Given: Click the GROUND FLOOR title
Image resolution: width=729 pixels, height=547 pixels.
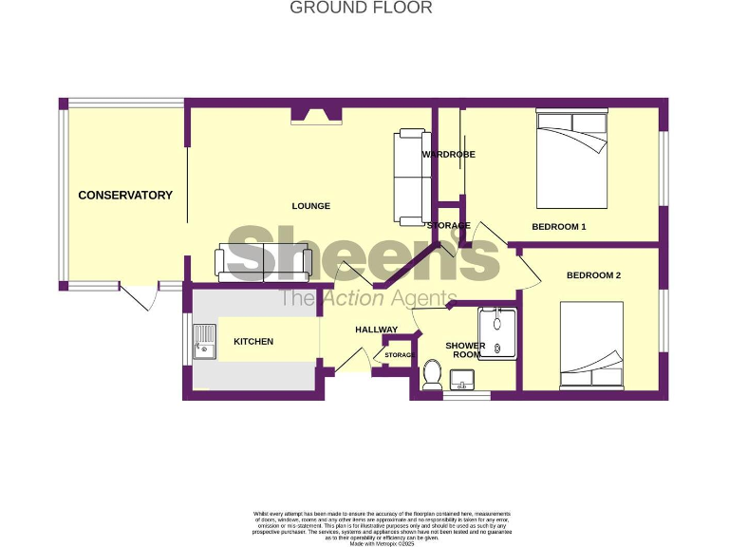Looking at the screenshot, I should [x=361, y=9].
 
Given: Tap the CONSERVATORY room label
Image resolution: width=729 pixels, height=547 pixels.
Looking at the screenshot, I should [x=125, y=196].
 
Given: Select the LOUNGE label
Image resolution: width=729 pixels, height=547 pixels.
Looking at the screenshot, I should [x=310, y=206].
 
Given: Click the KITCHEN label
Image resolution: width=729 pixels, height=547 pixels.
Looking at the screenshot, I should [x=253, y=342].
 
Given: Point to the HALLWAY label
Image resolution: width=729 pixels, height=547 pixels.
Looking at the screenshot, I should [x=377, y=330].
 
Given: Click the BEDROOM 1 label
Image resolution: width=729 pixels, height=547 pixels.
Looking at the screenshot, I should [x=558, y=227].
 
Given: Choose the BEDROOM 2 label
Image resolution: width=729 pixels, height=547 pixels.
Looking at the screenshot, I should [x=593, y=275].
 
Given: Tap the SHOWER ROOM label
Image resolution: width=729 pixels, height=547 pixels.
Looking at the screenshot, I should [x=465, y=350].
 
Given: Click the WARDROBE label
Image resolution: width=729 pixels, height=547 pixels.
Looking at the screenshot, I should [x=449, y=154].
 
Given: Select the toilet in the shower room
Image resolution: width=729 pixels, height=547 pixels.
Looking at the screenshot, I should [x=432, y=374].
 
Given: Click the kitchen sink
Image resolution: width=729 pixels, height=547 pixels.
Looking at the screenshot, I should [x=204, y=342].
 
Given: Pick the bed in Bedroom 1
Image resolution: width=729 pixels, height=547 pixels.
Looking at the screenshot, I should [x=571, y=159].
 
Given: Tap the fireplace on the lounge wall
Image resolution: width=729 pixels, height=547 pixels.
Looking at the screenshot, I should [x=316, y=115].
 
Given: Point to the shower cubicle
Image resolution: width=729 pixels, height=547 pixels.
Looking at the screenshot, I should [x=497, y=333].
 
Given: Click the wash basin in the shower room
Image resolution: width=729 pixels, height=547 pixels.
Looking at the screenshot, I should [x=464, y=382].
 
